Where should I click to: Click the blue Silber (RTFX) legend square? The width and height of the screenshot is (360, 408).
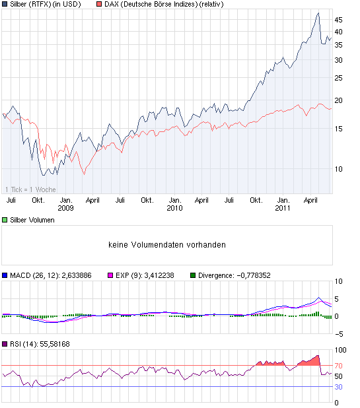(x=5, y=4)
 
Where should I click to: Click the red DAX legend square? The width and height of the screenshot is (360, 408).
(x=99, y=4)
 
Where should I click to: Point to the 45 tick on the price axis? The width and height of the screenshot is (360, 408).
(x=338, y=20)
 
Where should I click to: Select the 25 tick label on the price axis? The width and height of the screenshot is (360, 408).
(x=338, y=78)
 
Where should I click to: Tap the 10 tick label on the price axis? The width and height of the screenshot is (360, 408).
(x=338, y=168)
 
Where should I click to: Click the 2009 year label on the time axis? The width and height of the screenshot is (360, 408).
(x=65, y=208)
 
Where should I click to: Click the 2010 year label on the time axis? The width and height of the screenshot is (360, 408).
(x=174, y=208)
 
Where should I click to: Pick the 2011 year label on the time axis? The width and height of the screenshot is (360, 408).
(x=283, y=208)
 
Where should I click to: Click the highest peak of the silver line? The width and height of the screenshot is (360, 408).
(x=318, y=13)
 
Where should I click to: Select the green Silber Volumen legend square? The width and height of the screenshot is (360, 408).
(x=5, y=221)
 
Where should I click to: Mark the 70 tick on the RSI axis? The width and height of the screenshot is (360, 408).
(x=338, y=365)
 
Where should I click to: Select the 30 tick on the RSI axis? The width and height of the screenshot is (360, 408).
(x=338, y=387)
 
